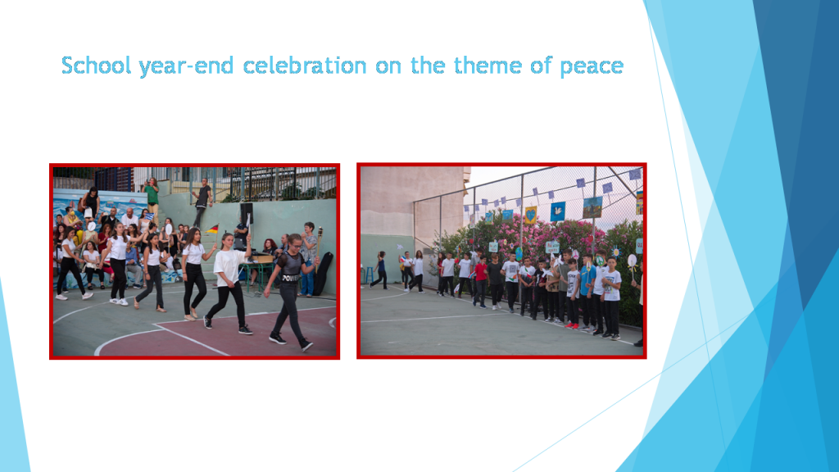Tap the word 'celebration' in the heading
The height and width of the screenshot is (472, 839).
(304, 66)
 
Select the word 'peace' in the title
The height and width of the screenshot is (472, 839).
(592, 66)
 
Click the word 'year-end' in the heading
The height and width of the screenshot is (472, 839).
(188, 66)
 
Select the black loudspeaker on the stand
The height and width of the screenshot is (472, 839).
(245, 212)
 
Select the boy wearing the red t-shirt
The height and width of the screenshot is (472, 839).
(481, 279)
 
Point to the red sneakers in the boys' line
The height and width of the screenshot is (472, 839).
(571, 325)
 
